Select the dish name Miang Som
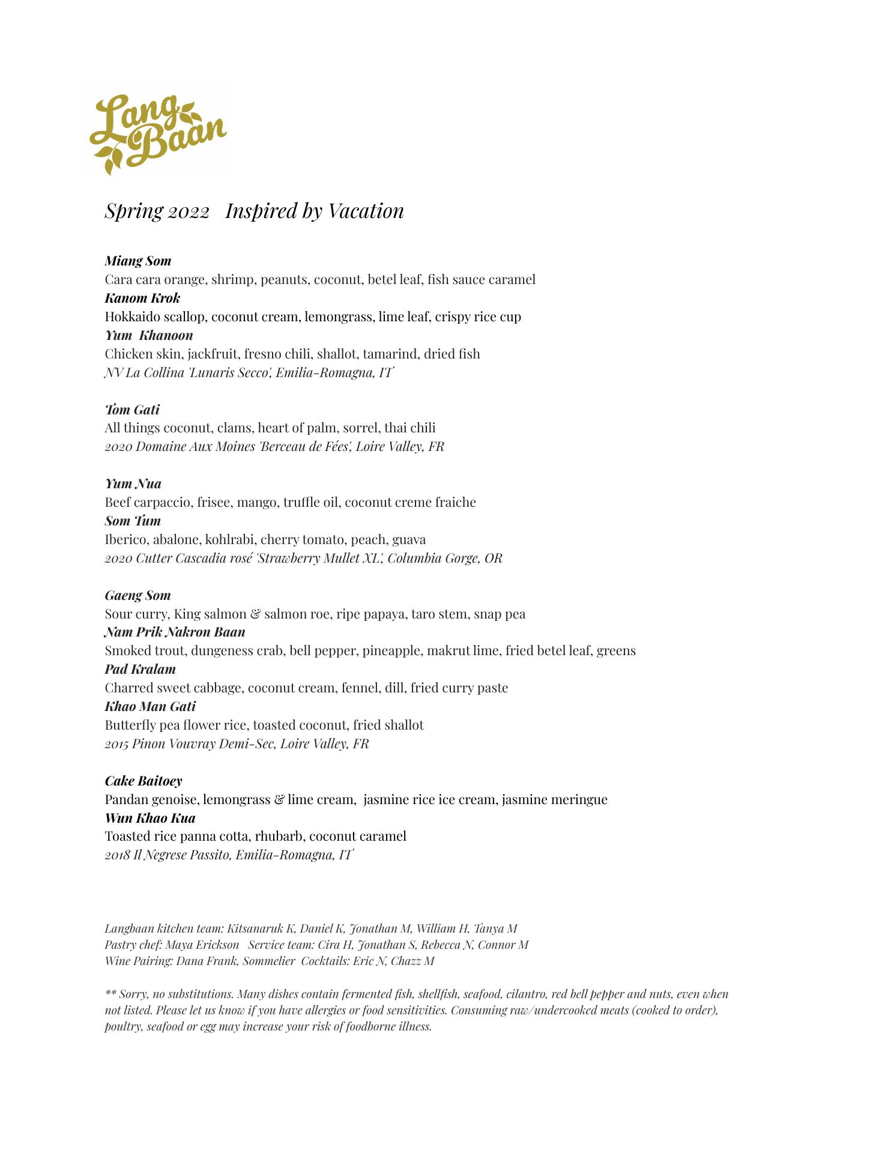(138, 261)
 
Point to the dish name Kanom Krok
(142, 298)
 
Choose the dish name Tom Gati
(132, 410)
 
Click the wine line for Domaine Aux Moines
(274, 446)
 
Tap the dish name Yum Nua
(133, 484)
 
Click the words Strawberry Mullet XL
(320, 558)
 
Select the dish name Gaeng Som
(137, 595)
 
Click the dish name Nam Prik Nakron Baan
(175, 632)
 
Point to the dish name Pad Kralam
(140, 669)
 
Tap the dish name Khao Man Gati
(150, 706)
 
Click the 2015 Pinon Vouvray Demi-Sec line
(237, 743)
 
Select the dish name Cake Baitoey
(143, 781)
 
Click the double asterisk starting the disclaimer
(110, 994)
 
